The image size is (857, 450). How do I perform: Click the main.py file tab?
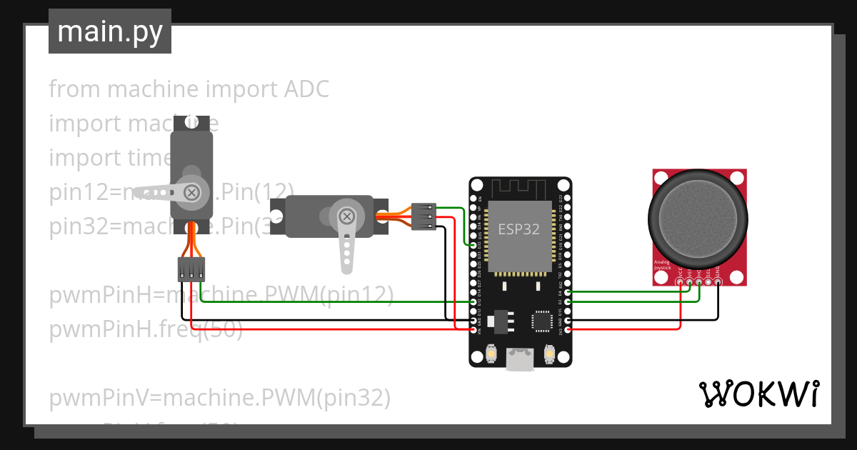(x=109, y=31)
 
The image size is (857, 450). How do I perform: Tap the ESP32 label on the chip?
(x=518, y=229)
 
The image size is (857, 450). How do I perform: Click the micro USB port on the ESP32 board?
(x=519, y=359)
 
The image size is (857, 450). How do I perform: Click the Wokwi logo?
(x=758, y=394)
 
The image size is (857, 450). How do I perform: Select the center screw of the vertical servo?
(x=191, y=191)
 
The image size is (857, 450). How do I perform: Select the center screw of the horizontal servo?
(x=346, y=216)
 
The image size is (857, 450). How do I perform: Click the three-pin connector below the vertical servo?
(x=191, y=269)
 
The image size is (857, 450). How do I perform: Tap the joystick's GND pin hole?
(x=718, y=281)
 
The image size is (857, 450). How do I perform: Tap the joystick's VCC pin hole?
(x=679, y=281)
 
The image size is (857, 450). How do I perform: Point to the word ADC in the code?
(x=307, y=89)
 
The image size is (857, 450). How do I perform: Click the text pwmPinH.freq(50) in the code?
(x=146, y=330)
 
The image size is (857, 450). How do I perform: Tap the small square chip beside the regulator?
(x=542, y=322)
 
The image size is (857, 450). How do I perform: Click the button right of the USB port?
(x=549, y=353)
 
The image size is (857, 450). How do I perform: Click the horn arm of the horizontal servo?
(x=346, y=246)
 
